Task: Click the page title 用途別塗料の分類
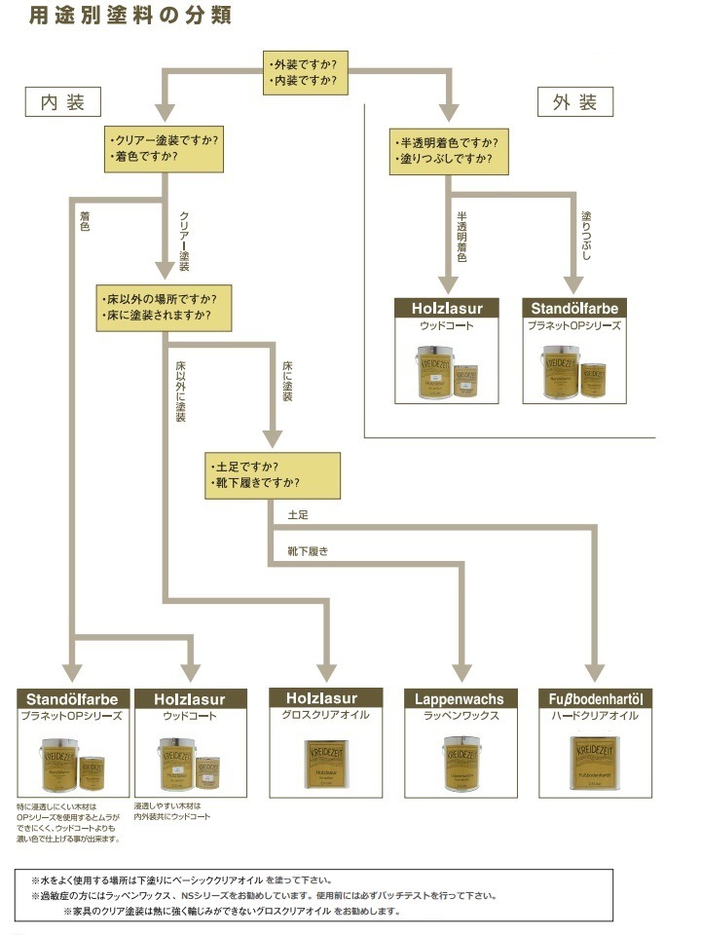coord(129,18)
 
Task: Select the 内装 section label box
coord(63,101)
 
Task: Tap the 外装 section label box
coord(574,101)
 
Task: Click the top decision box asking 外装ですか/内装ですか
coord(307,73)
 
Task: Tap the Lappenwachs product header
coord(460,698)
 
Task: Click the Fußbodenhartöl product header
coord(596,698)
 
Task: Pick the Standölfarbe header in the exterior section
coord(574,309)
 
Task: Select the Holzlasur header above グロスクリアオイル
coord(321,698)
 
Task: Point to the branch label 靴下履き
coord(308,550)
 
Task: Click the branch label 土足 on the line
coord(298,512)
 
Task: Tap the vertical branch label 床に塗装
coord(287,381)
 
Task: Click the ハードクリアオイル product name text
coord(596,716)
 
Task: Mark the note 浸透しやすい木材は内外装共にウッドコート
coord(171,811)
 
